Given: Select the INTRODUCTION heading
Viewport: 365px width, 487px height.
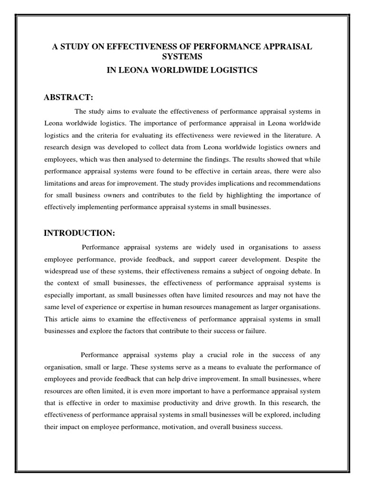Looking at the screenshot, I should click(x=80, y=233).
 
